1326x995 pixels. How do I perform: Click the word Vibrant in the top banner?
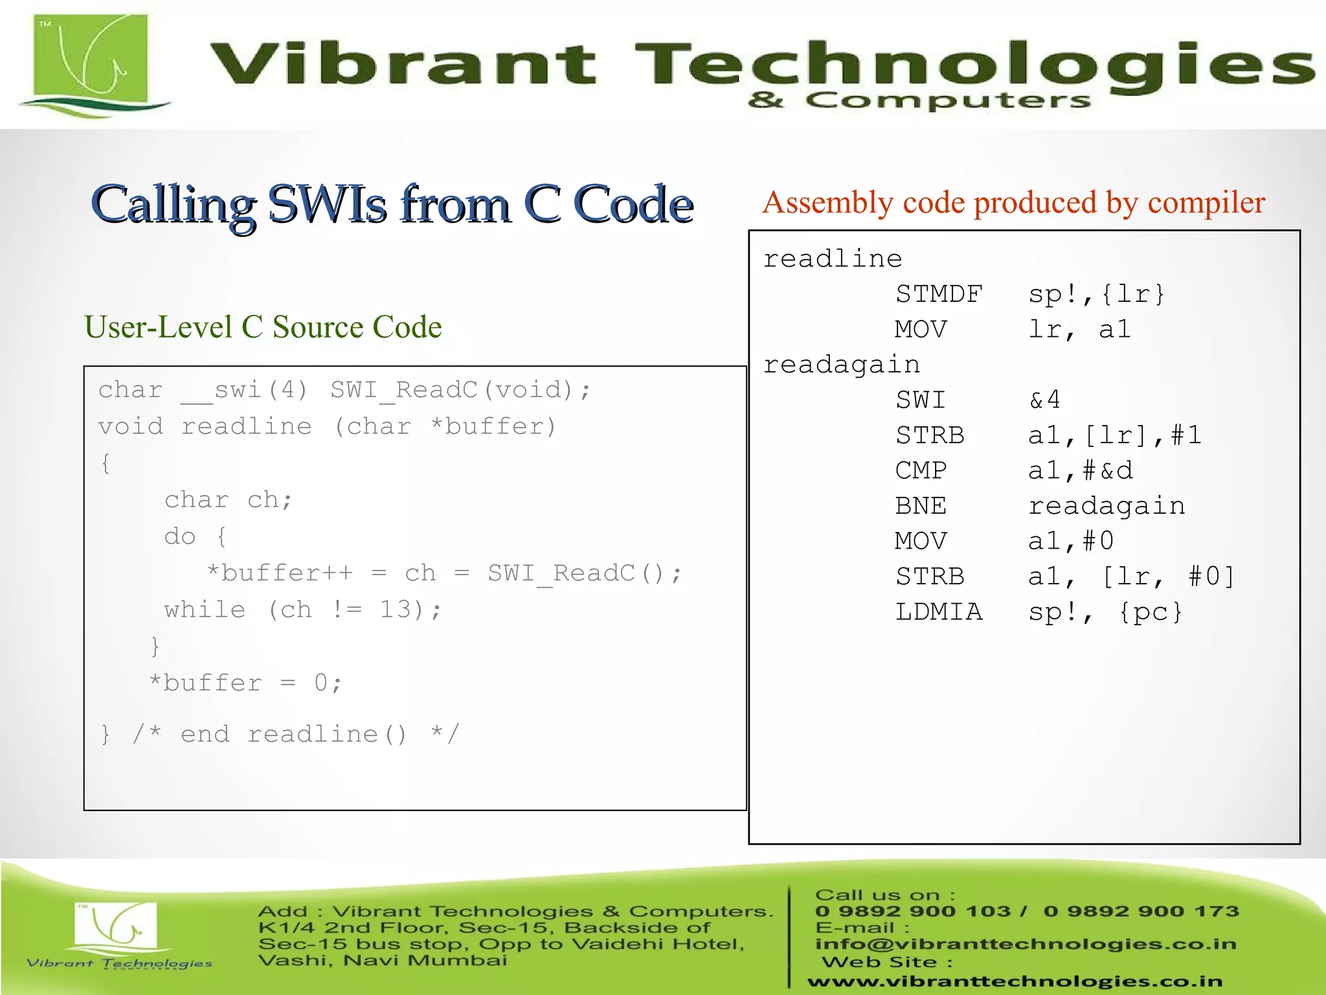click(401, 64)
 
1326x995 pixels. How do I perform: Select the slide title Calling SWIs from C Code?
click(392, 204)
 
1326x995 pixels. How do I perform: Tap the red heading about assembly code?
click(1013, 203)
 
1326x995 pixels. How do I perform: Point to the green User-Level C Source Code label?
click(263, 327)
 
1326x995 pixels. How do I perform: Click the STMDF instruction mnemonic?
click(939, 294)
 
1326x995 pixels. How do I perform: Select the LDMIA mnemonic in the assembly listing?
click(939, 612)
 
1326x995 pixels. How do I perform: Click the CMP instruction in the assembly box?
click(921, 470)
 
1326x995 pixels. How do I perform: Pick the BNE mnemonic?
click(921, 506)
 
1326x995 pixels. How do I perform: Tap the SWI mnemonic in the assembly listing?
click(921, 400)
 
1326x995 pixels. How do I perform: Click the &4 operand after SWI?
click(1044, 400)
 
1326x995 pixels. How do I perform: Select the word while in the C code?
click(205, 610)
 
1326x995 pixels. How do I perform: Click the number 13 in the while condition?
click(395, 610)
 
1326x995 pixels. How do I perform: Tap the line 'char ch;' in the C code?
click(228, 499)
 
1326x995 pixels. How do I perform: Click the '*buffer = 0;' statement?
click(245, 683)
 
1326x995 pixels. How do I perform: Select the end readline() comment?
click(295, 734)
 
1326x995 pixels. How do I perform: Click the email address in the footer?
click(1026, 944)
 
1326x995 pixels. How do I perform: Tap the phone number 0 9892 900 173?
click(1141, 911)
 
